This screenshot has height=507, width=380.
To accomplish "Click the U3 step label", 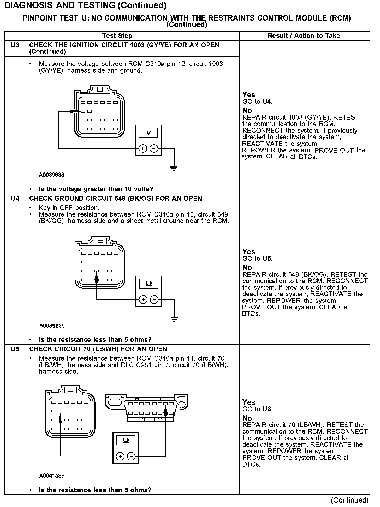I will coord(15,45).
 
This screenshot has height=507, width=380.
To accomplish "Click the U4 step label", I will coord(15,199).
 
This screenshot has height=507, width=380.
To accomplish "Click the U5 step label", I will coord(15,349).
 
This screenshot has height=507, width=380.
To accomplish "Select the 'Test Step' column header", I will coord(117,36).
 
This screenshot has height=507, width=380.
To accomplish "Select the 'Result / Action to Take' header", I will coord(304,36).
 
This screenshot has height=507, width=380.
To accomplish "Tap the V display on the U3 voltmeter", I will coord(148,133).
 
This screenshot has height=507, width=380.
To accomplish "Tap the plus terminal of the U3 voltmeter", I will coord(142,149).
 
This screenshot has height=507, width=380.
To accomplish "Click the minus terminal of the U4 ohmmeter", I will coord(155,300).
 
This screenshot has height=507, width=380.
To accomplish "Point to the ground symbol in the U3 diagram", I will coord(174,168).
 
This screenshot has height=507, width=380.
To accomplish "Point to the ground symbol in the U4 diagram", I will coord(174,319).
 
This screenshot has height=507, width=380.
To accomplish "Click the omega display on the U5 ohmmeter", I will coord(126,441).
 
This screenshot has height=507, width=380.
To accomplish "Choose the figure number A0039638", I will coord(52,175).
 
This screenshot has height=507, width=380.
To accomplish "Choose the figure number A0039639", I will coord(52,326).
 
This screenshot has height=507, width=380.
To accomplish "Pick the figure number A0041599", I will coord(52,476).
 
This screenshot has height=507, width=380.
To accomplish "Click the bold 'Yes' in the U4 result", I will coord(249,252).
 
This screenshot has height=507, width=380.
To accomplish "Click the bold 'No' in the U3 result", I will coord(247,111).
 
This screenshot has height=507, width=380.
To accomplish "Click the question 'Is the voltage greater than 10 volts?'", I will coord(96,189).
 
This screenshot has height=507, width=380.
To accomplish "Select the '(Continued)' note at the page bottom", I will coord(349,500).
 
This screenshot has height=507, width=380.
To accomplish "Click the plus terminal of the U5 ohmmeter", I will coord(120,456).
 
